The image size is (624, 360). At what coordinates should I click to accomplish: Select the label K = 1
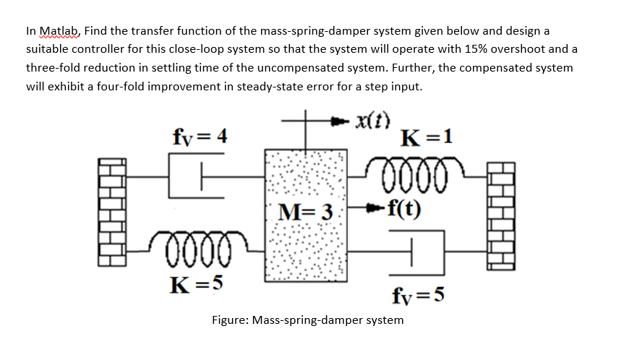431,137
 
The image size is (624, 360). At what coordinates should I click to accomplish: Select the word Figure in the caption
230,320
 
